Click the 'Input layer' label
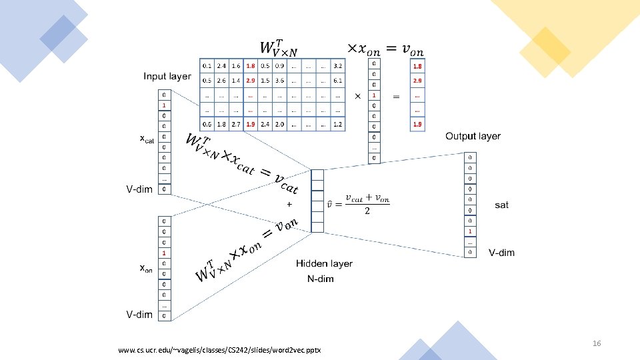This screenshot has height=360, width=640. point(167,76)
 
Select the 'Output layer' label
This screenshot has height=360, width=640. point(473,136)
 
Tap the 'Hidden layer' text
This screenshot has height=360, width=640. point(325,264)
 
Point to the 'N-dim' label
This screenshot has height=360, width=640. point(321,279)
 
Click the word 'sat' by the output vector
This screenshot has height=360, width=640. point(502,205)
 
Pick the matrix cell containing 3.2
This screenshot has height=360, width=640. point(338,66)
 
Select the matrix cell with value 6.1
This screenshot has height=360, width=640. point(338,81)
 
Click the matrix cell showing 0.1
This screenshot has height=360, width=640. point(207,66)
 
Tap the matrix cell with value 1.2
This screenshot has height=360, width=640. point(338,124)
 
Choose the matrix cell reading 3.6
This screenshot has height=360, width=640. point(280,81)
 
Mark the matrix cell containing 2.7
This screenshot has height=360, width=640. point(236,124)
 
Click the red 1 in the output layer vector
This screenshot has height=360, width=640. point(471,231)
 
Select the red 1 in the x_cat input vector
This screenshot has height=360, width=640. point(164,105)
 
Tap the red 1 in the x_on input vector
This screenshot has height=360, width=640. point(164,253)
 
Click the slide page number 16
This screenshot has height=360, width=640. point(597,343)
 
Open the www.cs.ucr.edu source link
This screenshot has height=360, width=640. point(219,350)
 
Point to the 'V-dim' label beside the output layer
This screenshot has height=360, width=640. point(501,253)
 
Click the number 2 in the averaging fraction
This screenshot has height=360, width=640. point(366,211)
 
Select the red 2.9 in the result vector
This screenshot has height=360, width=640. point(417,81)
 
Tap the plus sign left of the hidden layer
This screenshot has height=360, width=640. point(289,203)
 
